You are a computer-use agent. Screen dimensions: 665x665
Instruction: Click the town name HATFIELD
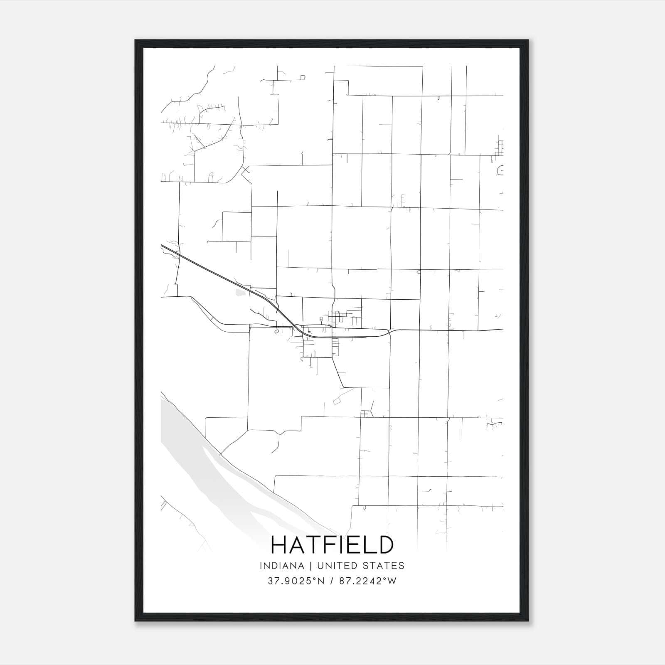pyautogui.click(x=332, y=545)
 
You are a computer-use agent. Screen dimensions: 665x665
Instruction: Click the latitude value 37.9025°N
pyautogui.click(x=296, y=581)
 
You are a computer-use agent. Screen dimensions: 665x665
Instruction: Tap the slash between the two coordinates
pyautogui.click(x=332, y=581)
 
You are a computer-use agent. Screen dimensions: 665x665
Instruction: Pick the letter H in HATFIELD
pyautogui.click(x=278, y=545)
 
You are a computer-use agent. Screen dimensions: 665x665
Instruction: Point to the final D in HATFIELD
pyautogui.click(x=385, y=545)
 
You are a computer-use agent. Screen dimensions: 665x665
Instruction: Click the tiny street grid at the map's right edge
pyautogui.click(x=500, y=148)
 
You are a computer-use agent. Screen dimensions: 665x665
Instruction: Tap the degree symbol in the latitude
pyautogui.click(x=314, y=579)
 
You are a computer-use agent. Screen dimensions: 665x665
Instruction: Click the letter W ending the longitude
pyautogui.click(x=392, y=581)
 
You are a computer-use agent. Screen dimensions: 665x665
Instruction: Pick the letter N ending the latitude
pyautogui.click(x=320, y=581)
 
